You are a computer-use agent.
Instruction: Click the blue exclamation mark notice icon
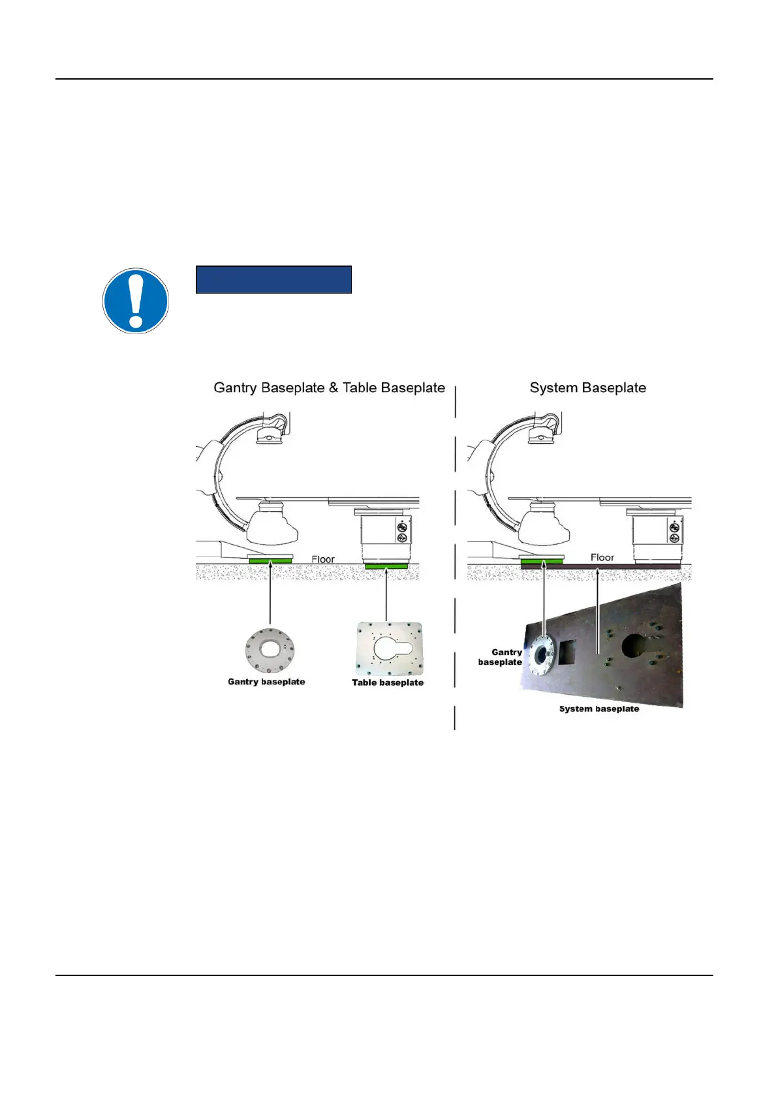(136, 301)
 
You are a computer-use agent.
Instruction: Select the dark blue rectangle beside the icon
(273, 279)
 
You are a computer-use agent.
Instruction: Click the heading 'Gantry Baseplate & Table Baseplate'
(329, 388)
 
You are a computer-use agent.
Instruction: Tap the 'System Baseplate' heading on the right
(587, 388)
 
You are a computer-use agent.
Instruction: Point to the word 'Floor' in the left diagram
(323, 559)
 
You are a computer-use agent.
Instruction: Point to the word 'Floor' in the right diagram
(602, 557)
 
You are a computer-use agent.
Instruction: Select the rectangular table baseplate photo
(389, 649)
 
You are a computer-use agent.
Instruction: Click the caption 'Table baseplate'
(388, 682)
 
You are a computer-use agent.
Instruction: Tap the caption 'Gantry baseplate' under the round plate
(266, 682)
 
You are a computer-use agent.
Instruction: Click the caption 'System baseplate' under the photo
(599, 709)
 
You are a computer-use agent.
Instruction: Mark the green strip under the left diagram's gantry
(270, 561)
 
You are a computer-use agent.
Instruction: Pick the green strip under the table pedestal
(386, 566)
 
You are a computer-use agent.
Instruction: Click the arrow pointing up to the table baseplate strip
(386, 594)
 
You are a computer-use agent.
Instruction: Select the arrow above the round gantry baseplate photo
(270, 594)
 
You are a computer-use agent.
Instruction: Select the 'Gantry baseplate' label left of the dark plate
(501, 657)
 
